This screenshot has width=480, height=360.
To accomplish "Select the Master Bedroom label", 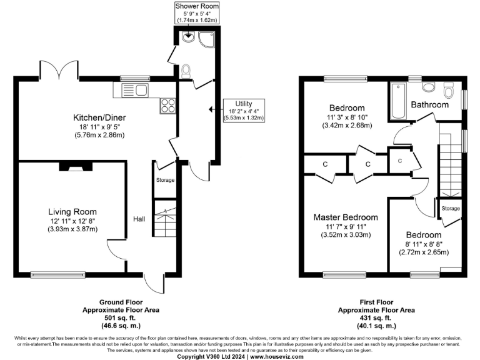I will coord(346,217).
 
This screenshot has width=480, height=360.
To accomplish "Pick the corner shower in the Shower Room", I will coord(205,39).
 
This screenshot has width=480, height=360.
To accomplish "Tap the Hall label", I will coord(139,219).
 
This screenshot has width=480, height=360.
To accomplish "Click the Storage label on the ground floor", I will coord(166,180).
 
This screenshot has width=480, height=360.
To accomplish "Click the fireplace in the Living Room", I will coord(68,166).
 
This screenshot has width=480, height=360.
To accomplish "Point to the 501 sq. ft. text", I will coord(121,317).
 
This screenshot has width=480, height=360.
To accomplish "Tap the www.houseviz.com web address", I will coord(277,356).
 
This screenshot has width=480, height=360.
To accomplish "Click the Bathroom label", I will coord(430,105).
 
